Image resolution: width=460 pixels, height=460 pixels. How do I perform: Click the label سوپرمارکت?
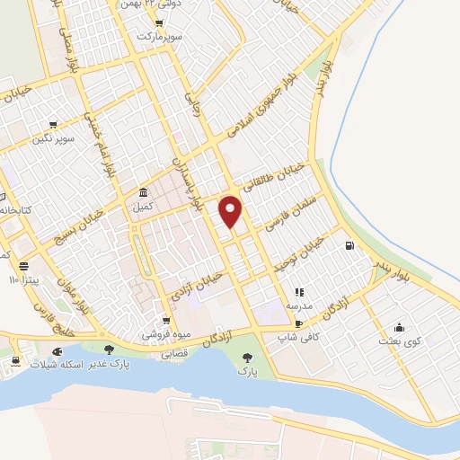pos(159,38)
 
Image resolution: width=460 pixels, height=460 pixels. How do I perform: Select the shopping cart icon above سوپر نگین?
pos(53,125)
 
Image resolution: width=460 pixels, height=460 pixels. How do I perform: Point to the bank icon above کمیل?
pos(144,193)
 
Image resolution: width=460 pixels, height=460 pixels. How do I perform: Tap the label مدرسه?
pos(299,305)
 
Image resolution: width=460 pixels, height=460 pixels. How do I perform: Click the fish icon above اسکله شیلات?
pos(57,350)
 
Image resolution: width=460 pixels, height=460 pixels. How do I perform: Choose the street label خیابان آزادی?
pos(196,280)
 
